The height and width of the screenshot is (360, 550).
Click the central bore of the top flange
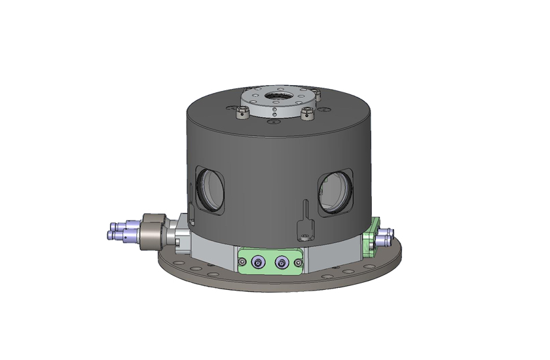pyautogui.click(x=278, y=99)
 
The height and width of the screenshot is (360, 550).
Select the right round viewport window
pyautogui.click(x=334, y=190)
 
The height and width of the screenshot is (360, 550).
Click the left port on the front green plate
pyautogui.click(x=257, y=262)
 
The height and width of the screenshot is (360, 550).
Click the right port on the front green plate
pyautogui.click(x=282, y=262)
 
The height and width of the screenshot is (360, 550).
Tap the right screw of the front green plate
pyautogui.click(x=298, y=263)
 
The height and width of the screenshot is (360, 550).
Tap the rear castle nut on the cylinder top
pyautogui.click(x=247, y=92)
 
